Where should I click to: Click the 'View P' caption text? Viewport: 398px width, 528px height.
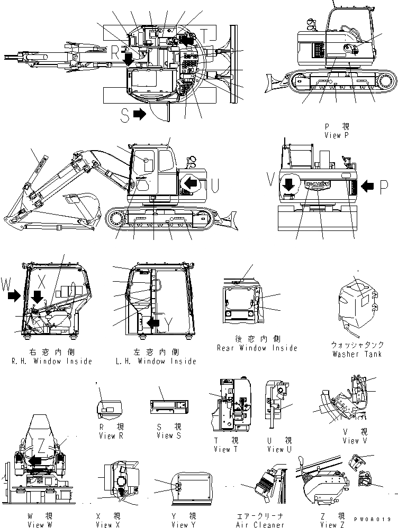(x=337, y=135)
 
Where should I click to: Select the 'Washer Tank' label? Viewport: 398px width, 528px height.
(x=356, y=354)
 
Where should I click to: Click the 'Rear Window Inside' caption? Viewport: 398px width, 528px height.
(x=257, y=348)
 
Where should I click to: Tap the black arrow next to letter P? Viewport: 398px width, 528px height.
(x=368, y=186)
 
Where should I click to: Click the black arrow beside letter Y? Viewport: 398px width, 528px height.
(x=153, y=322)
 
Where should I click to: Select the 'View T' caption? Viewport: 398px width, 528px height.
(x=222, y=449)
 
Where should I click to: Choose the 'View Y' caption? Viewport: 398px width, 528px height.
(x=180, y=524)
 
